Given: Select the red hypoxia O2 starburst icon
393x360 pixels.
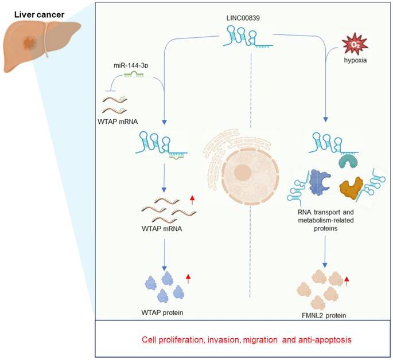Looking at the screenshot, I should click(x=352, y=44).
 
